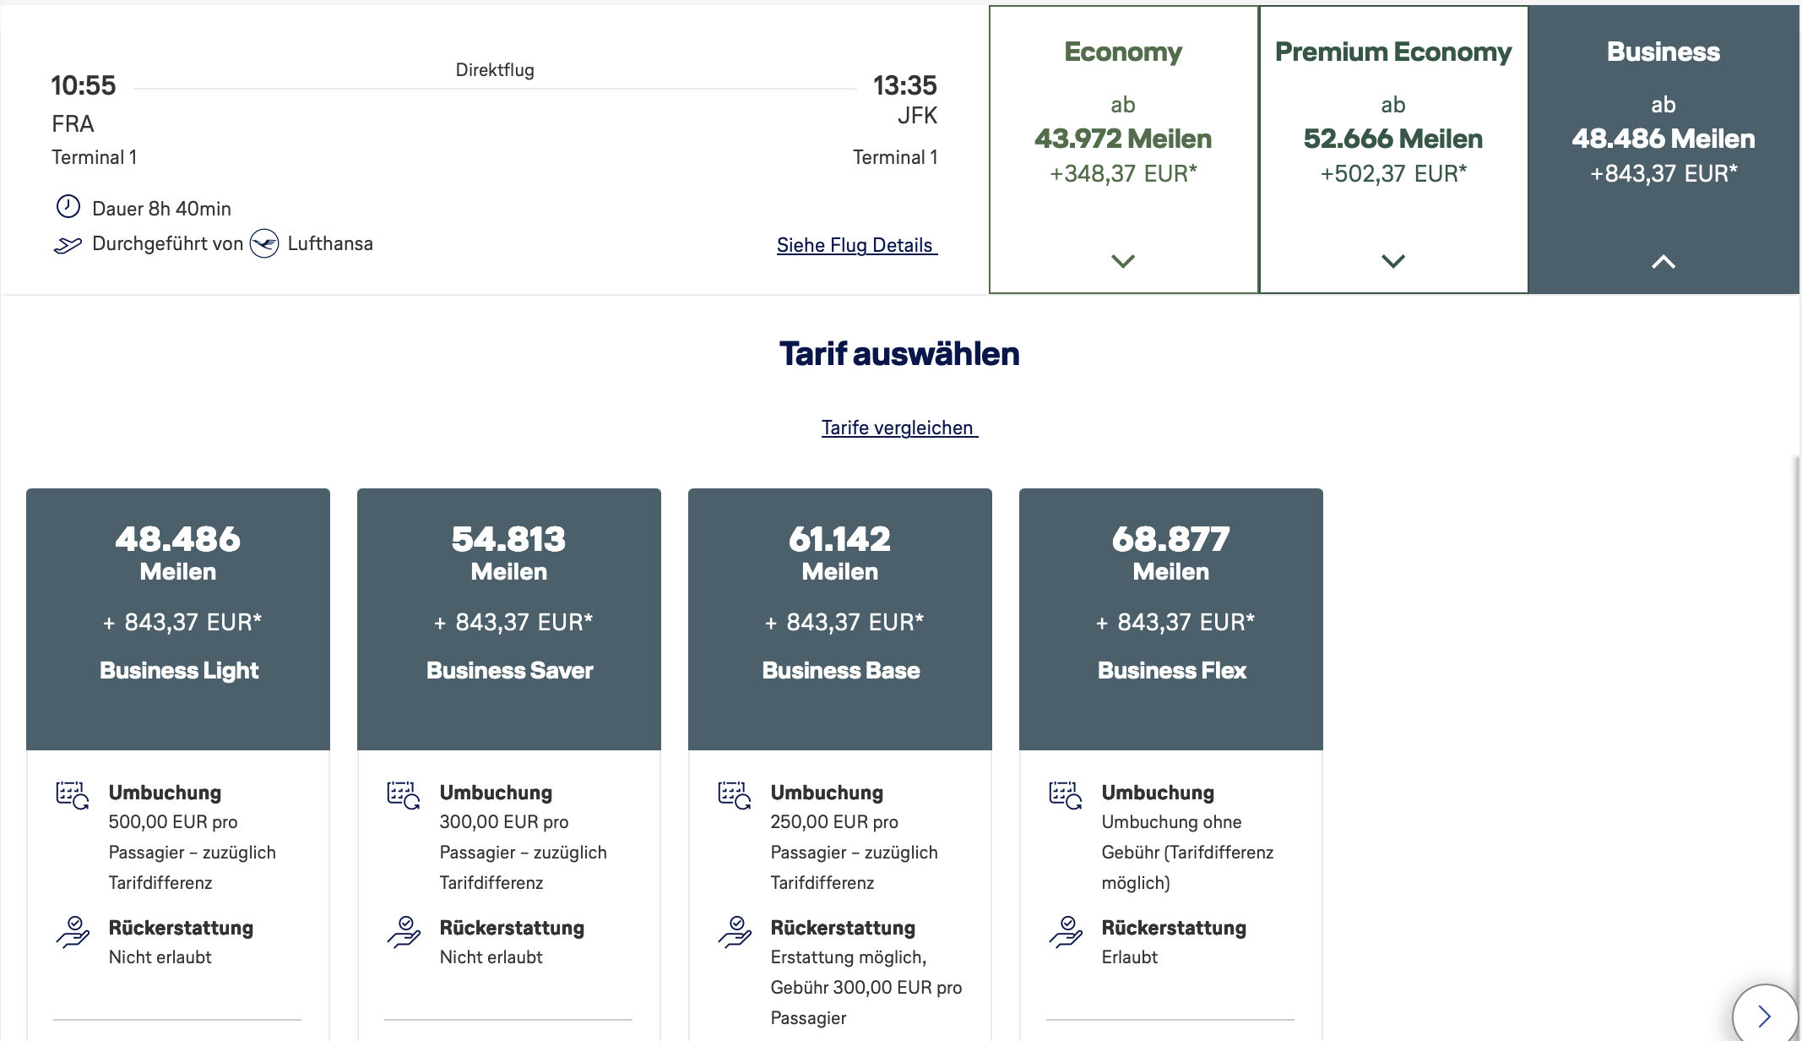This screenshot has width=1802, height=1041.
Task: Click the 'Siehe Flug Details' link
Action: [856, 245]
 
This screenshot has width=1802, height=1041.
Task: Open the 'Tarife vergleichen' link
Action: [899, 428]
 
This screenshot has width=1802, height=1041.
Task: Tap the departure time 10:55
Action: [83, 85]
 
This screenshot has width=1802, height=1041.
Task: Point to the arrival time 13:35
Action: [904, 85]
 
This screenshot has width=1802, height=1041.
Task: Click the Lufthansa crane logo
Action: [264, 243]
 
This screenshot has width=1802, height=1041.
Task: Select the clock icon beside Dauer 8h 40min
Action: [68, 207]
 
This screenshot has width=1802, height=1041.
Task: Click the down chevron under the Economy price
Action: [1123, 261]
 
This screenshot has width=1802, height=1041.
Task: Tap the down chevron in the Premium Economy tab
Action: [1393, 261]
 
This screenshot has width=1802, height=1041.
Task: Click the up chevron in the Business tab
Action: [1664, 262]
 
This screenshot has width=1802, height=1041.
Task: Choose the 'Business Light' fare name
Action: [179, 670]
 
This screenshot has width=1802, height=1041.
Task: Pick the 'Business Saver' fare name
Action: [510, 670]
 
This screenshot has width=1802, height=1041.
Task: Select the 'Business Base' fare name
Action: [841, 670]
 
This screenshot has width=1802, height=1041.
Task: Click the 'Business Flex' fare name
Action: [1172, 670]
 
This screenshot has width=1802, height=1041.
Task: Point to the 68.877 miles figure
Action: [1171, 539]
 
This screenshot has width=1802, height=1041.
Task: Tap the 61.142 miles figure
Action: [840, 539]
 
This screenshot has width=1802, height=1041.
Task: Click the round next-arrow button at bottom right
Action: [1765, 1015]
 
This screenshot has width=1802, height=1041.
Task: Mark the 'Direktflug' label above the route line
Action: [495, 70]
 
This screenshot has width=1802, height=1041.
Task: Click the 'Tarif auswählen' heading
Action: [899, 354]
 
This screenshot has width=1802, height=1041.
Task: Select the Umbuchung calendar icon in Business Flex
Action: [1066, 795]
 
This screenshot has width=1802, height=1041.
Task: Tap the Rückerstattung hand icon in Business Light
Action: [73, 931]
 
